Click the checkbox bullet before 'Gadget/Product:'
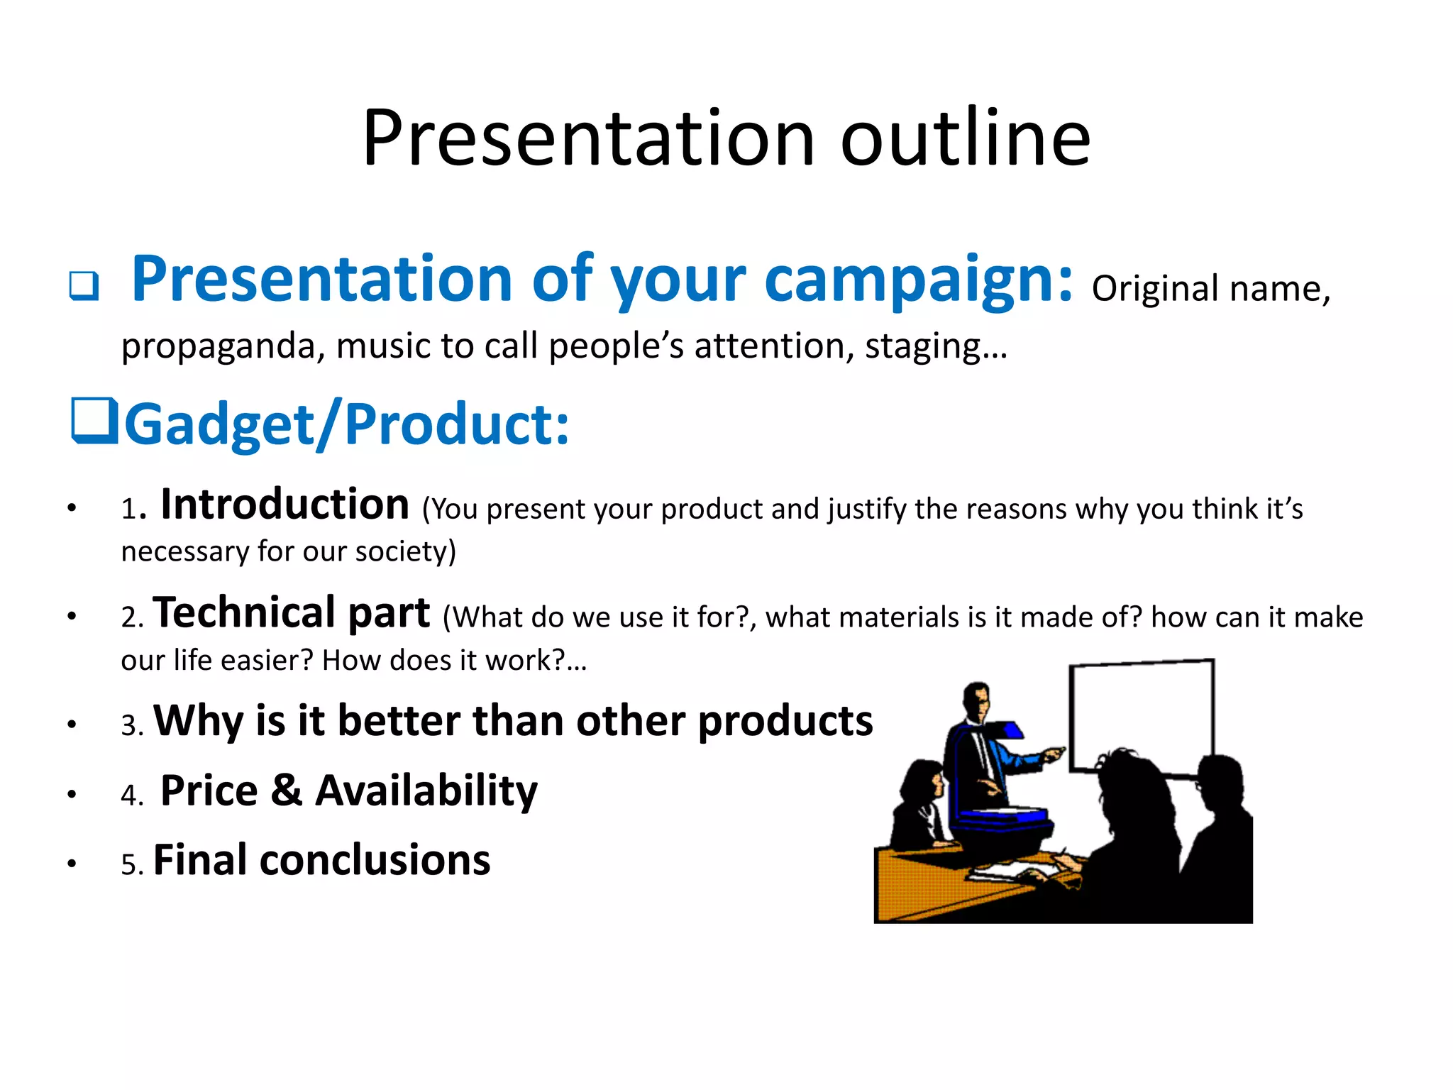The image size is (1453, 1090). [94, 420]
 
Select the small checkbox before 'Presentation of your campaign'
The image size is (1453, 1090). [84, 285]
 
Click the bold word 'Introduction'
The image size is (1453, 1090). [284, 505]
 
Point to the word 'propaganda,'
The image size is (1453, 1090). [223, 347]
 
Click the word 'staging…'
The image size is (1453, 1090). [936, 347]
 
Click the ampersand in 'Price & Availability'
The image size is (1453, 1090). [286, 791]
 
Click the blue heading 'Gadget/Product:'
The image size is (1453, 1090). [346, 425]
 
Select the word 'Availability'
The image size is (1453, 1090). [426, 791]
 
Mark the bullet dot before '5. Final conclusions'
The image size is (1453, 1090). [72, 864]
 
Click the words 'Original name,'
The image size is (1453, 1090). [1210, 289]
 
